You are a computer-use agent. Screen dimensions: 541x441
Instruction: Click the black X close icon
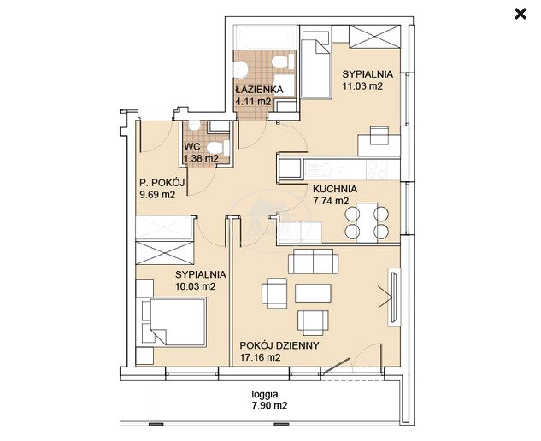[520, 15]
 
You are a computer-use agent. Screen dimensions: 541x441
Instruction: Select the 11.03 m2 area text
[362, 86]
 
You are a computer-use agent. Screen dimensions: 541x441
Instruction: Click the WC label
[191, 146]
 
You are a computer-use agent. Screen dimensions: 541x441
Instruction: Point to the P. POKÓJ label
[162, 183]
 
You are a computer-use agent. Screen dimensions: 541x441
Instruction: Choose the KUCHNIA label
[335, 189]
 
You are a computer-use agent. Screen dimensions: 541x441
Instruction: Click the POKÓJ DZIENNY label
[279, 345]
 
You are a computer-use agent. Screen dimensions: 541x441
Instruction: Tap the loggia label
[265, 394]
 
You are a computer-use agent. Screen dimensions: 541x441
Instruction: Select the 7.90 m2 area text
[269, 405]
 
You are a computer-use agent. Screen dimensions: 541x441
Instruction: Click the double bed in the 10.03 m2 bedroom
[173, 321]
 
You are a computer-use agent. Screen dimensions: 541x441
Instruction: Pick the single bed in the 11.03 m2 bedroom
[315, 64]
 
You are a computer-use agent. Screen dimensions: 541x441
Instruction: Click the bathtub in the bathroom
[265, 37]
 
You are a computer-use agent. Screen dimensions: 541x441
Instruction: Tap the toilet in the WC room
[218, 149]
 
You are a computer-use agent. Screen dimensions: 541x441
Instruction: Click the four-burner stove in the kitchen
[377, 169]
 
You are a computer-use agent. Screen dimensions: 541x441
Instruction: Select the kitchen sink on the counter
[319, 169]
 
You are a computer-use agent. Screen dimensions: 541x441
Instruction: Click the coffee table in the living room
[313, 293]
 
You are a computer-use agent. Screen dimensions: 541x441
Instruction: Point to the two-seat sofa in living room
[314, 261]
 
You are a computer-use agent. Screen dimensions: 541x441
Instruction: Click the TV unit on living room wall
[394, 297]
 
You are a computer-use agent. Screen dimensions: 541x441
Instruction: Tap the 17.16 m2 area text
[260, 357]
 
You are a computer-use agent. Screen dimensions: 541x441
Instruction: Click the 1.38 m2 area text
[201, 158]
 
